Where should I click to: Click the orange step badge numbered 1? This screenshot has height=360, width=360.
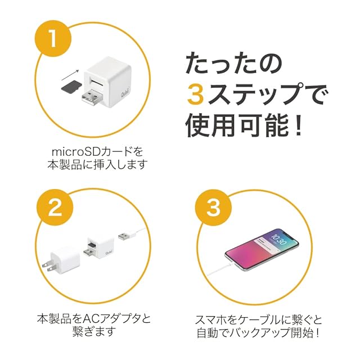click(53, 38)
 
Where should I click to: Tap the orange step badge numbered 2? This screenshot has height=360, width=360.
click(55, 208)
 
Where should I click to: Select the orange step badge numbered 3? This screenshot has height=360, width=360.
click(214, 208)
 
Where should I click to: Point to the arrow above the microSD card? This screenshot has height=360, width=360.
click(70, 75)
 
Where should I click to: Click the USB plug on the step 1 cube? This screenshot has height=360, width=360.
click(92, 97)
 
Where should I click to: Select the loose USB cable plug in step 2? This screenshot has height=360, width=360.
click(123, 236)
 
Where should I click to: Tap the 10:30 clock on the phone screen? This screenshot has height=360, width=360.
click(278, 240)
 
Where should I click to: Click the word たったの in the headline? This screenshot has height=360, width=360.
click(234, 62)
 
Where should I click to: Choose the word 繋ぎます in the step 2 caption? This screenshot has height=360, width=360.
click(94, 331)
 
